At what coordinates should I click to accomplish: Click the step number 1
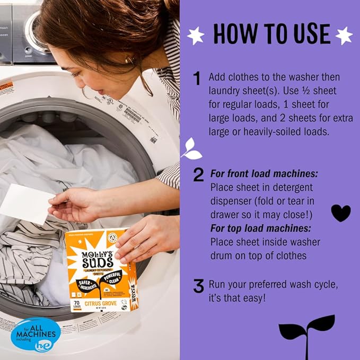(x=197, y=78)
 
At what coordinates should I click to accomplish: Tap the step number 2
(x=198, y=174)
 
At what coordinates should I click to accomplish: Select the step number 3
(x=198, y=286)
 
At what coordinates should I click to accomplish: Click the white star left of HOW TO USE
(x=196, y=36)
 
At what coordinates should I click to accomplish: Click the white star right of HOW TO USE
(x=344, y=36)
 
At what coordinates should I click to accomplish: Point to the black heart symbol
(x=340, y=213)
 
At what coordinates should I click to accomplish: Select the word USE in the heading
(x=306, y=34)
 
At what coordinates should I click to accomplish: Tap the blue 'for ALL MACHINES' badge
(x=35, y=334)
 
